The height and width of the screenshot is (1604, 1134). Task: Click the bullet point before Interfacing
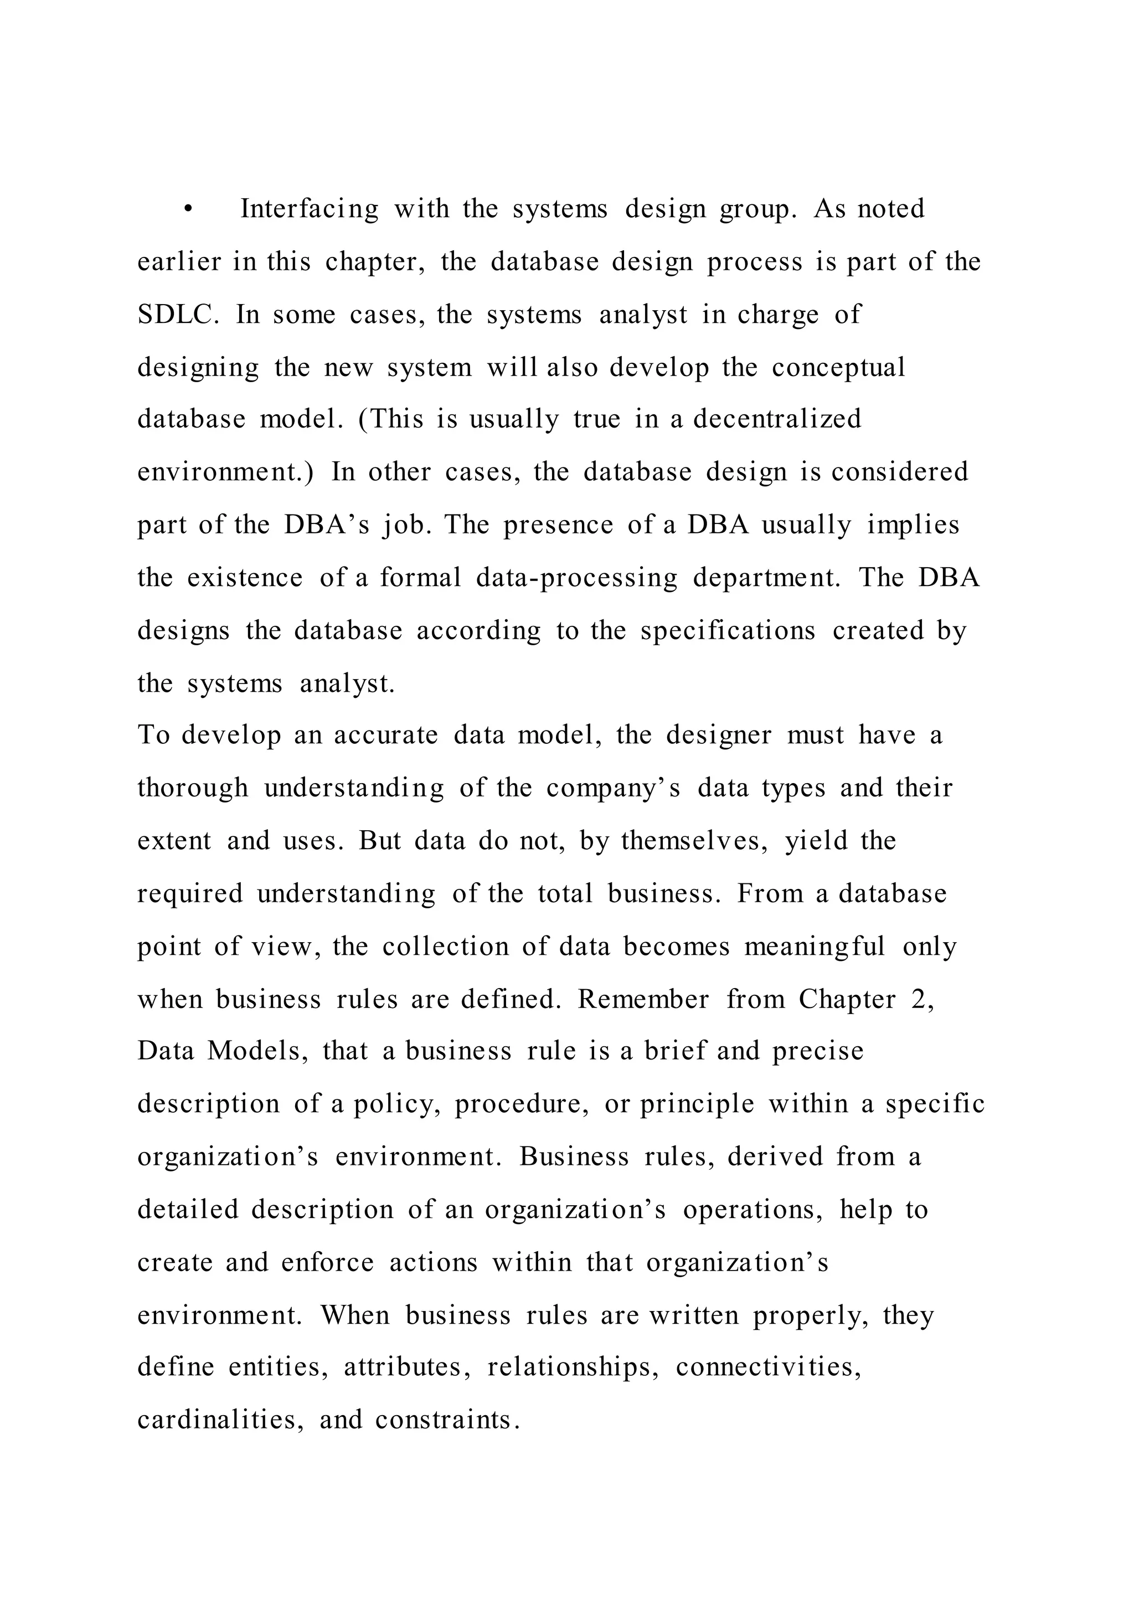click(x=188, y=209)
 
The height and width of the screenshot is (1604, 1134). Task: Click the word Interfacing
click(x=310, y=209)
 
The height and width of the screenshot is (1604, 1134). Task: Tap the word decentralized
click(x=777, y=419)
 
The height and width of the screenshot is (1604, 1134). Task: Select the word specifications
click(x=728, y=630)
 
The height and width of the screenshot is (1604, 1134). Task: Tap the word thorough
click(x=193, y=788)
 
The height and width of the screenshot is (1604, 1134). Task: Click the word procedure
click(x=522, y=1104)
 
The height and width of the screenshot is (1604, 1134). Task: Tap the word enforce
click(x=327, y=1262)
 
